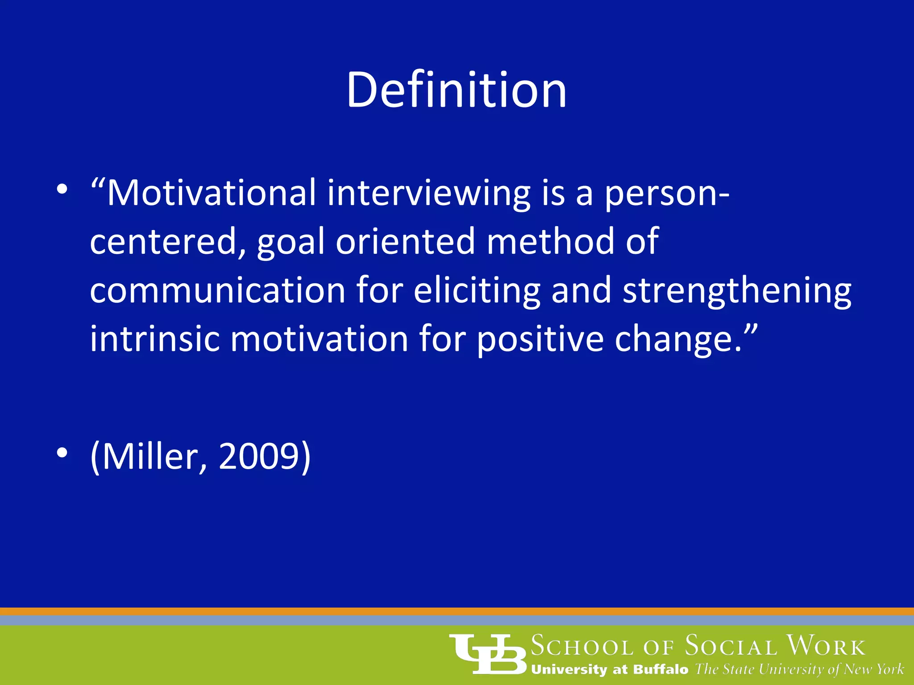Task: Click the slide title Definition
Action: (457, 91)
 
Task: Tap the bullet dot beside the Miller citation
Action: (62, 453)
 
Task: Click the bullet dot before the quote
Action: (62, 190)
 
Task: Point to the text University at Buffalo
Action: (610, 669)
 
